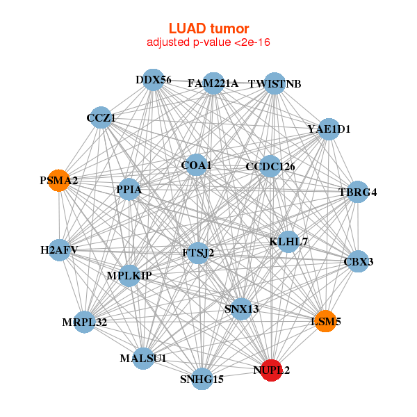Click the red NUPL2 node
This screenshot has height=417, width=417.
272,370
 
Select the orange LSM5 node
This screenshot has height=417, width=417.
325,321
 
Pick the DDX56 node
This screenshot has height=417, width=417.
153,80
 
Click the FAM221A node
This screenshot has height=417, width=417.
213,83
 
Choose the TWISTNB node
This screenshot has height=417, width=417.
275,83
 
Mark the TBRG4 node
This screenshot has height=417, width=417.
357,192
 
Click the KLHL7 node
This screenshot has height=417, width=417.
288,241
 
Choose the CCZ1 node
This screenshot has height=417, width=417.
101,118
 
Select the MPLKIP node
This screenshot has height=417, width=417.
129,275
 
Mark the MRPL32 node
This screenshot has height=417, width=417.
84,322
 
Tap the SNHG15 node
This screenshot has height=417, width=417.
202,379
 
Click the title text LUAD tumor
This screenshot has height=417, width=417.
208,28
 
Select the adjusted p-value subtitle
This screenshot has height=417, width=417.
208,42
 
